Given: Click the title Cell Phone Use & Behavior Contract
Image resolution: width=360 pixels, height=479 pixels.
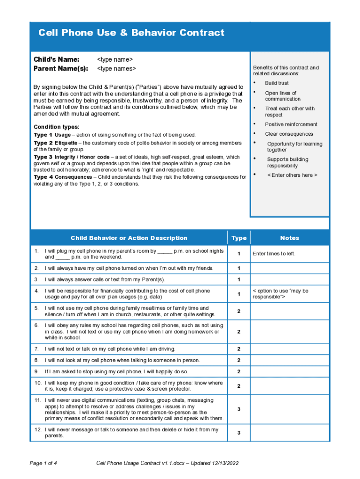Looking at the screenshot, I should click(131, 33).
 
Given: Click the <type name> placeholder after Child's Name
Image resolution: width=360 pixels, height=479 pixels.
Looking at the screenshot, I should click(115, 59).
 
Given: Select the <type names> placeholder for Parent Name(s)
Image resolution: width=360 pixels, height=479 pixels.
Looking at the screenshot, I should click(116, 69).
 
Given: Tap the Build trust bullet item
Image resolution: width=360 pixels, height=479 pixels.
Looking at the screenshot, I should click(277, 83).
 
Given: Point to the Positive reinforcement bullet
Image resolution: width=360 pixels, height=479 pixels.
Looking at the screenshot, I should click(291, 124).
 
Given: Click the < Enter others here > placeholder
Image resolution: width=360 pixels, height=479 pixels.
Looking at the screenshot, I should click(292, 175).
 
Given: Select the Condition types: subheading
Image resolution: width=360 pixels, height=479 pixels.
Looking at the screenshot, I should click(57, 127).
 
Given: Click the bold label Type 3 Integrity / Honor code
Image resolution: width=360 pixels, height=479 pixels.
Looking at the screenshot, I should click(72, 157).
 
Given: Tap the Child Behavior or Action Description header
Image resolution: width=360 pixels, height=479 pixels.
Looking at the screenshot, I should click(129, 238).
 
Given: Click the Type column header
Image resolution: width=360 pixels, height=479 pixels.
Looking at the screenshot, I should click(238, 238).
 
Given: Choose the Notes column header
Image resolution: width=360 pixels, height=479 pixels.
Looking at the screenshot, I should click(289, 238).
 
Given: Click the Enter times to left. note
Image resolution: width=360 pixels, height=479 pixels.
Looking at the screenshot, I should click(274, 254).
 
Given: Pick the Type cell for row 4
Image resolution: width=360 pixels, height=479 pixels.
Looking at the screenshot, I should click(238, 294).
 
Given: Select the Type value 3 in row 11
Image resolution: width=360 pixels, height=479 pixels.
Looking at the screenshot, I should click(238, 409).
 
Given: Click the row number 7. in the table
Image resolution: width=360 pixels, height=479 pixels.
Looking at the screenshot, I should click(36, 349).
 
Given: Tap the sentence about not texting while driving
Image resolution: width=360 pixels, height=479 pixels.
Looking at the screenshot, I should click(110, 349).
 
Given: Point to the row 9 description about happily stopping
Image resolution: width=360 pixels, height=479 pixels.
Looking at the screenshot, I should click(116, 371).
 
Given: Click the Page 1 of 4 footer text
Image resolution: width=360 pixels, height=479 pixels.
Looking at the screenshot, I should click(43, 463).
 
